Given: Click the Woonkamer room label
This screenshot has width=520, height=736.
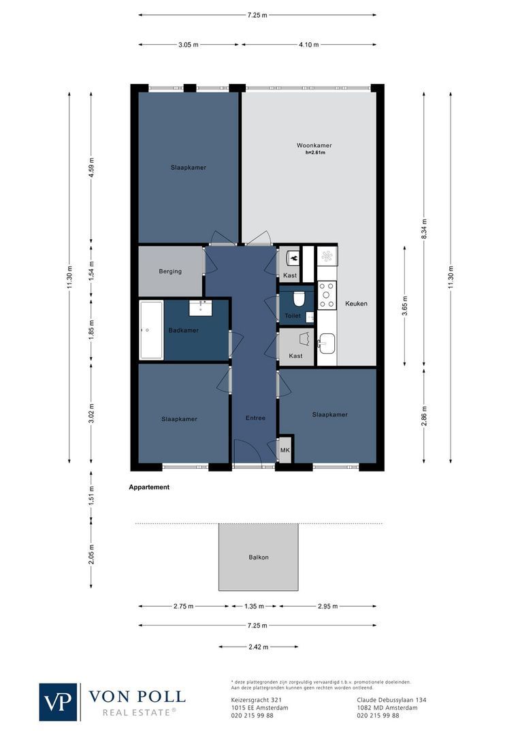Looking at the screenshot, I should click(314, 146).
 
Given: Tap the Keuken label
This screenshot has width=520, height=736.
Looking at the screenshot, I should click(355, 303).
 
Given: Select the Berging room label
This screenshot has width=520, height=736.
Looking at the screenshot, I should click(170, 271).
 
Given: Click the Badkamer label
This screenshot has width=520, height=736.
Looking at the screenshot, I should click(183, 331).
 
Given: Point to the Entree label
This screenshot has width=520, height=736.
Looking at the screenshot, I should click(255, 418).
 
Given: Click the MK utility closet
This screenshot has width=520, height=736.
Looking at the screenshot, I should click(285, 450).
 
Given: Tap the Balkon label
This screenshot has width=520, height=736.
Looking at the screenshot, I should click(258, 557).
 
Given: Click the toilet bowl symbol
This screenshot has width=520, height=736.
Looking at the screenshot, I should click(297, 299).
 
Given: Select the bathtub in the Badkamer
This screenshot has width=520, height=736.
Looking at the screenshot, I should click(151, 330).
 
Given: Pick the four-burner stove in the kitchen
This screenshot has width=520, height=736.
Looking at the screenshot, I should click(327, 295).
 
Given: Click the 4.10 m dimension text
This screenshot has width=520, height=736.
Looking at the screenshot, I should click(308, 45).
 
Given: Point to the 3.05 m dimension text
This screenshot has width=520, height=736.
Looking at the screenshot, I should click(189, 45).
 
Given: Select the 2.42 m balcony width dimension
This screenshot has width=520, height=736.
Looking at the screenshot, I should click(258, 647).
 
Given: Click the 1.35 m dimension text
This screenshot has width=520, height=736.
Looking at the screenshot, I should click(254, 606).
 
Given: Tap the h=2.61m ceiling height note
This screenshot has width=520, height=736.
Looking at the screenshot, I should click(315, 153).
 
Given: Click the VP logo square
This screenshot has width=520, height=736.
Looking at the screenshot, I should click(59, 701).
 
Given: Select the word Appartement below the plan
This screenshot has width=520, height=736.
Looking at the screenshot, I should click(149, 488).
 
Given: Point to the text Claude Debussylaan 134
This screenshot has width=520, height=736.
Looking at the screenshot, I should click(391, 700).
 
